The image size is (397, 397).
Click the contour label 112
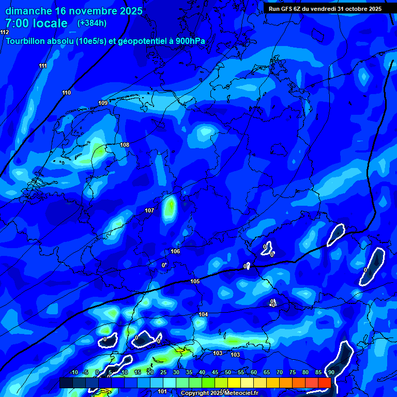tap(5, 32)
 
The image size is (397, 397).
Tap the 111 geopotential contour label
tap(42, 66)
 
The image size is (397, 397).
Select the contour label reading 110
tap(66, 93)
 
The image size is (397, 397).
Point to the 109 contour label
tap(103, 103)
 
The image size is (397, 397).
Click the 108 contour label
tap(125, 145)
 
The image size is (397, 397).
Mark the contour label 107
tap(149, 210)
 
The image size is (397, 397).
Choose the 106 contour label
tap(175, 251)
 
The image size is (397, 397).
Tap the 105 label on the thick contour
tap(195, 281)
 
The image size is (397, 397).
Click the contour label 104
tap(203, 314)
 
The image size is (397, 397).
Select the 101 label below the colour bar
tap(162, 391)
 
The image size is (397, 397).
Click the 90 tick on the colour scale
tap(331, 372)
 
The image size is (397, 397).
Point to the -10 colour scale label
tap(73, 372)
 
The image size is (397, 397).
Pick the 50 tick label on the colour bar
tap(228, 372)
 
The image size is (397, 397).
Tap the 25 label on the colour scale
tap(163, 372)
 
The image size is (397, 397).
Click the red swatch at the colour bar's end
tap(324, 383)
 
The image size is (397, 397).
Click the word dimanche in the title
tap(29, 10)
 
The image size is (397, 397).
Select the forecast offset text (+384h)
tap(92, 23)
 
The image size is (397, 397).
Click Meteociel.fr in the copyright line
tap(241, 393)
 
